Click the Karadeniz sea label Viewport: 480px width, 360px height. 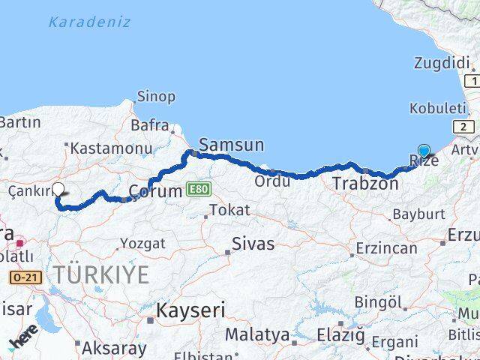tap(88, 21)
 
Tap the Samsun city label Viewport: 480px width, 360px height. tap(231, 145)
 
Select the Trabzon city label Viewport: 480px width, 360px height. tap(365, 183)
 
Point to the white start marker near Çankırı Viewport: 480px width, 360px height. tap(57, 190)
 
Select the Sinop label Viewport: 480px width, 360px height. tap(156, 97)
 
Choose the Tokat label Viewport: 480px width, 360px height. tap(229, 210)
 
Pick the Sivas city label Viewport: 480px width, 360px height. tap(253, 244)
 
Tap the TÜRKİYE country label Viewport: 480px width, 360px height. tap(100, 275)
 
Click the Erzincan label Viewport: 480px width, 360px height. tap(386, 247)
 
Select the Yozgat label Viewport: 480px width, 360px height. tap(142, 243)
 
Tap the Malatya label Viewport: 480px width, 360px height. tap(257, 333)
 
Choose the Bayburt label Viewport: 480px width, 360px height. tap(418, 214)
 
